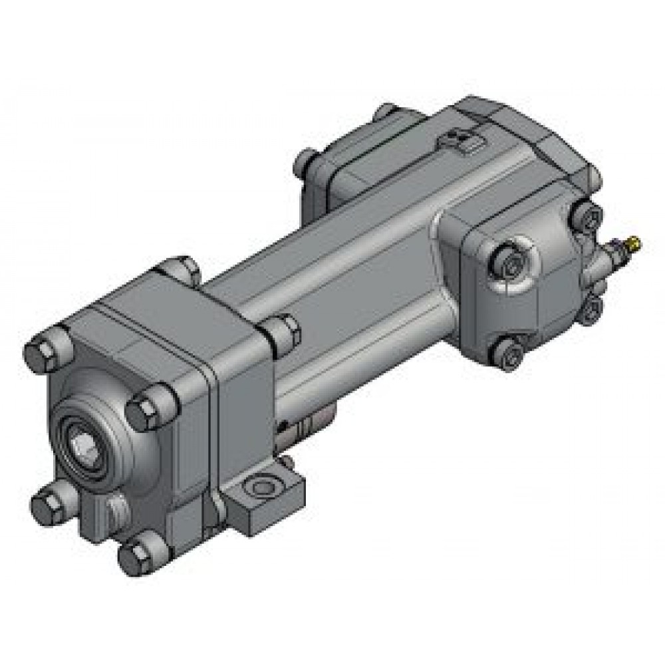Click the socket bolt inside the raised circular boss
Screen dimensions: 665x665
tap(511, 266)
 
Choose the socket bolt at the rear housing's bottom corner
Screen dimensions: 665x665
tap(509, 353)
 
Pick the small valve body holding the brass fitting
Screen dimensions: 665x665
tap(602, 259)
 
